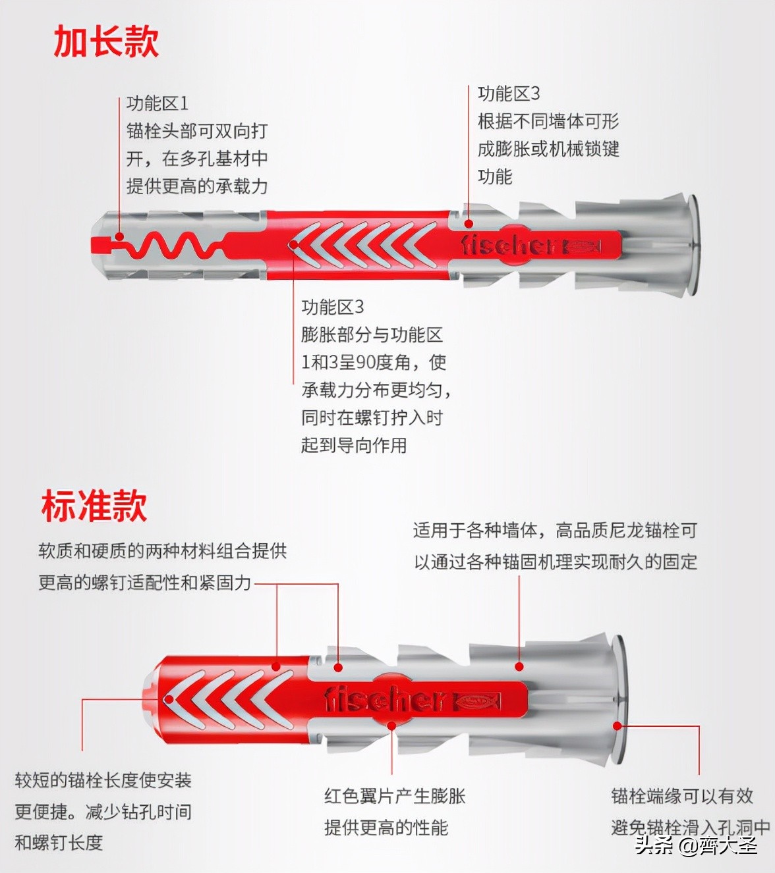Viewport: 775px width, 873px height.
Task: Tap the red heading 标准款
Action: point(94,506)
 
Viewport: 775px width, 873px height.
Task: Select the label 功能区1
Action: point(158,103)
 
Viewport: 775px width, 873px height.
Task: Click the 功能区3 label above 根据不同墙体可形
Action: point(509,93)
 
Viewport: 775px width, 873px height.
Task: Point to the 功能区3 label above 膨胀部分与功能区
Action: point(333,307)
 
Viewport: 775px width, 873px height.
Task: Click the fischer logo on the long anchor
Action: point(509,245)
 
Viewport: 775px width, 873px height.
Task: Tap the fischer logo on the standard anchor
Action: point(385,699)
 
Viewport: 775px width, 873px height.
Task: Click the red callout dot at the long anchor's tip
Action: point(119,237)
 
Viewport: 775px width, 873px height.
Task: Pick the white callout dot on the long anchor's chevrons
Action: point(294,246)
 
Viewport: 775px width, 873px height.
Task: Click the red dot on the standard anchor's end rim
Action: point(617,726)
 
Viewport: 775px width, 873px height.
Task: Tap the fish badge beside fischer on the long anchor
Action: point(583,246)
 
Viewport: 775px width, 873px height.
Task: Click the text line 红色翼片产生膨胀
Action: point(395,796)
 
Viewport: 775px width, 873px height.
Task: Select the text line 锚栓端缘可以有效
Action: point(682,796)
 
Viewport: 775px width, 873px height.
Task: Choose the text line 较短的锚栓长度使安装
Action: point(103,780)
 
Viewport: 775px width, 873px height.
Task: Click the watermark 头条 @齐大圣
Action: point(696,845)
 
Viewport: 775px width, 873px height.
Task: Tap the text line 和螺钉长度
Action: point(59,842)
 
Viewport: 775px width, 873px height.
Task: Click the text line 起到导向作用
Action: point(354,445)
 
